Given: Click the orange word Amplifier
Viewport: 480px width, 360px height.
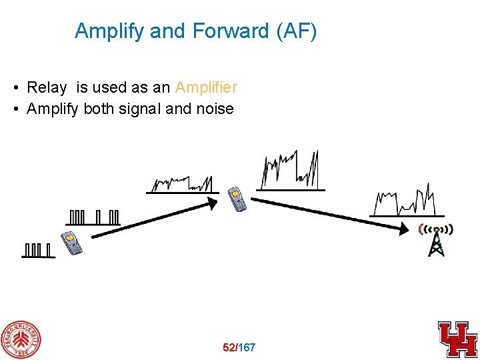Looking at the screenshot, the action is [206, 87].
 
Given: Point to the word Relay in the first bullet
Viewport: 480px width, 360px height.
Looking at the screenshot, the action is [47, 87].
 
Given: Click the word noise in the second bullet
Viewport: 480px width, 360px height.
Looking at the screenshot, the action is [215, 109].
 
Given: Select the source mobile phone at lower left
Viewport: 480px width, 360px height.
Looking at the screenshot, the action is [71, 243].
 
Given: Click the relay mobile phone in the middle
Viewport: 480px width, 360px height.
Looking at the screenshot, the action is [237, 199].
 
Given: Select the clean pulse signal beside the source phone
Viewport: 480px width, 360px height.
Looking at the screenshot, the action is [38, 250].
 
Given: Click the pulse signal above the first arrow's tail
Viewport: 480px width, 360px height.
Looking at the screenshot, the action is [94, 217].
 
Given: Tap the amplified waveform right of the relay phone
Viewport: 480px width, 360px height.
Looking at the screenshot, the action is [290, 171].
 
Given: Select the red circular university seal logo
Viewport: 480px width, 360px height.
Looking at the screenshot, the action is [21, 339].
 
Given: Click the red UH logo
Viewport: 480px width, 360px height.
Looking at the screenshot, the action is [457, 338].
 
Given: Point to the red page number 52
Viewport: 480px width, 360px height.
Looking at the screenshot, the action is [229, 347].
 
